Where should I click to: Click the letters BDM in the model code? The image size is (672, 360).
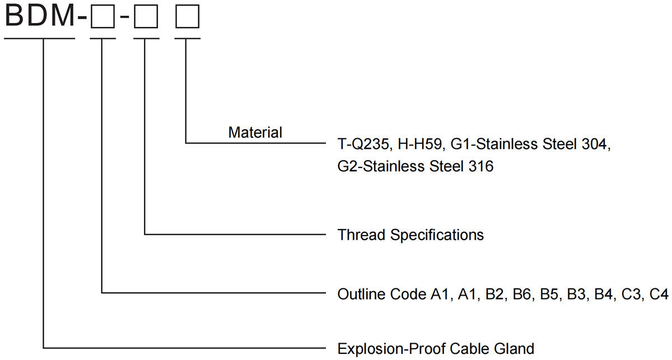coord(39,16)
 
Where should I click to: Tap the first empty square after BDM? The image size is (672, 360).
coord(102,18)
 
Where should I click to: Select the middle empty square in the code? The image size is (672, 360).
coord(146,18)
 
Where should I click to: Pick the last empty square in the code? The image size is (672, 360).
coord(186,18)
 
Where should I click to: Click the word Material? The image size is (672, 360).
coord(255,133)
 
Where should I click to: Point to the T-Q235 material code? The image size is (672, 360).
coord(360,145)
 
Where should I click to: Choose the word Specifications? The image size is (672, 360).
coord(437,234)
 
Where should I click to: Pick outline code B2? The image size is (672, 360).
coord(497,293)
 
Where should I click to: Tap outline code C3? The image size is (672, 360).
coord(634,293)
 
